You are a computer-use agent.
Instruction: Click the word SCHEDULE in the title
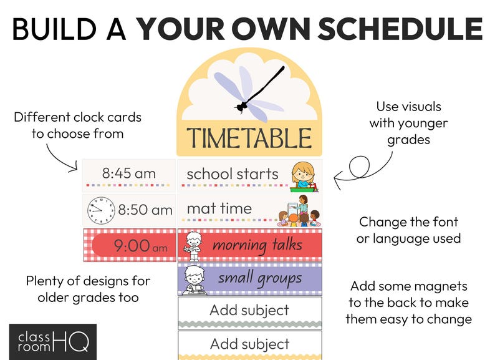[x=400, y=29]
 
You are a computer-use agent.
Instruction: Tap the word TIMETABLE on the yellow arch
[x=249, y=138]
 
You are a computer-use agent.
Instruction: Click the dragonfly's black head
[x=241, y=107]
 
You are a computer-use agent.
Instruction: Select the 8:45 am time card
[x=129, y=176]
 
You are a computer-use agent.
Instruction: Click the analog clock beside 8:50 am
[x=101, y=210]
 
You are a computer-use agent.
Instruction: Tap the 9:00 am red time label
[x=134, y=245]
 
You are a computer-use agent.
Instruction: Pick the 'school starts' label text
[x=233, y=174]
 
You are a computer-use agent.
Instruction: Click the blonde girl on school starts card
[x=304, y=177]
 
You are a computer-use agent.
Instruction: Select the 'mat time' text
[x=219, y=208]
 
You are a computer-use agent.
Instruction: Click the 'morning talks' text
[x=257, y=246]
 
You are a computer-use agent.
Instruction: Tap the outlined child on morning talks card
[x=193, y=246]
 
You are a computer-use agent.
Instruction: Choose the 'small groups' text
[x=260, y=279]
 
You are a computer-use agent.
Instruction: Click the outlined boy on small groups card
[x=193, y=280]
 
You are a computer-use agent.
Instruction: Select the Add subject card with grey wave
[x=250, y=313]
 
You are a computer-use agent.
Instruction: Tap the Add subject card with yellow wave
[x=250, y=346]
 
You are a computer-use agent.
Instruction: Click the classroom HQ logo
[x=53, y=342]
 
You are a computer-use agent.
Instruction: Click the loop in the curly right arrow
[x=360, y=166]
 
